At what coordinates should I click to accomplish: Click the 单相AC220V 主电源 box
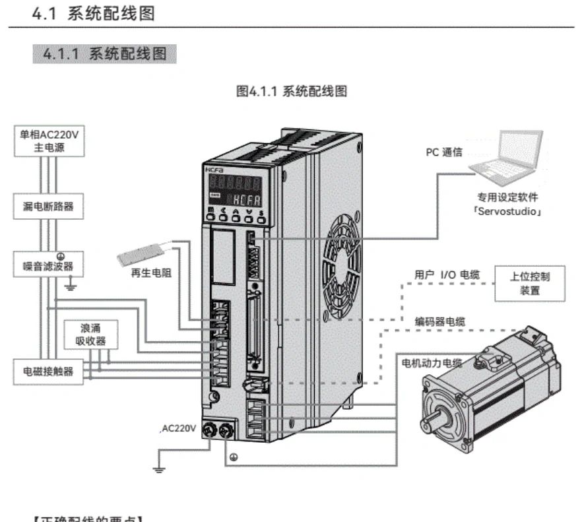click(50, 141)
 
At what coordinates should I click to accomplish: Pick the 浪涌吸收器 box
click(91, 335)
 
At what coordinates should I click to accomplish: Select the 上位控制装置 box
click(530, 283)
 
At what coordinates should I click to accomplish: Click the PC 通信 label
click(443, 152)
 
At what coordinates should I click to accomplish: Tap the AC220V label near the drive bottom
click(179, 428)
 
